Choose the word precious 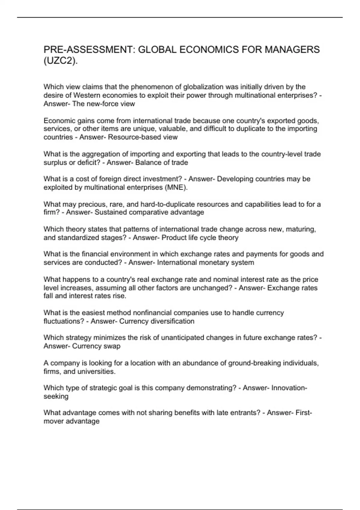coord(92,204)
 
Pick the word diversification coord(172,321)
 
